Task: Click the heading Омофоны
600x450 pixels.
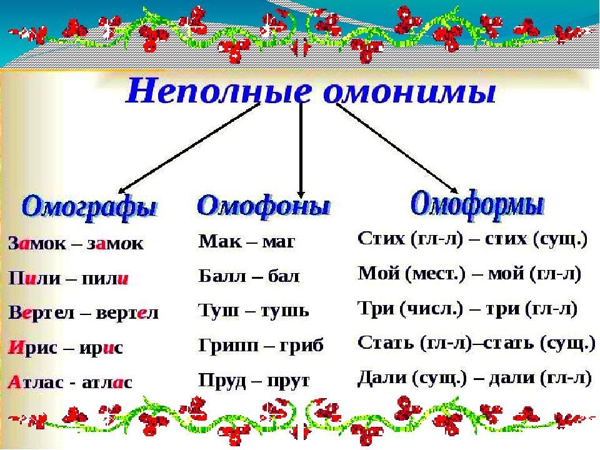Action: click(263, 206)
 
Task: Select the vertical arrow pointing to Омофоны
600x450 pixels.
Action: click(301, 151)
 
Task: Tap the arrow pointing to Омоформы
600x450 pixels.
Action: click(397, 148)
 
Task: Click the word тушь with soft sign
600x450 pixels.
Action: click(285, 311)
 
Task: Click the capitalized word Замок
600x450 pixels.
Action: click(37, 243)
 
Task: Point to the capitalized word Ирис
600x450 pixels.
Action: click(32, 347)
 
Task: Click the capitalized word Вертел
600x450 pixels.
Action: click(41, 312)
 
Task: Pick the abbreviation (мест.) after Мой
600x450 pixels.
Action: click(436, 274)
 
